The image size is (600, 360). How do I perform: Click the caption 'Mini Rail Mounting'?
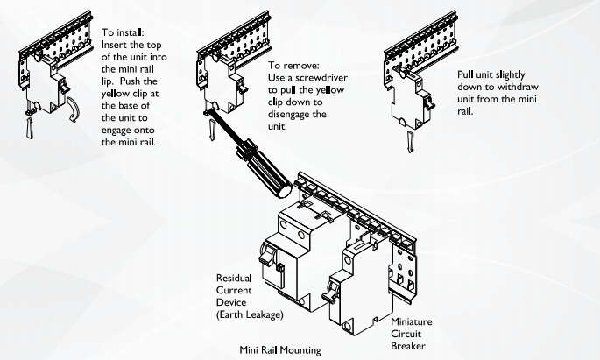[281, 347]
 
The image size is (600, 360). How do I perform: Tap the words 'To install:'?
[125, 33]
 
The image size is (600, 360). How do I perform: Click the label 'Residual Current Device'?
[239, 290]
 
